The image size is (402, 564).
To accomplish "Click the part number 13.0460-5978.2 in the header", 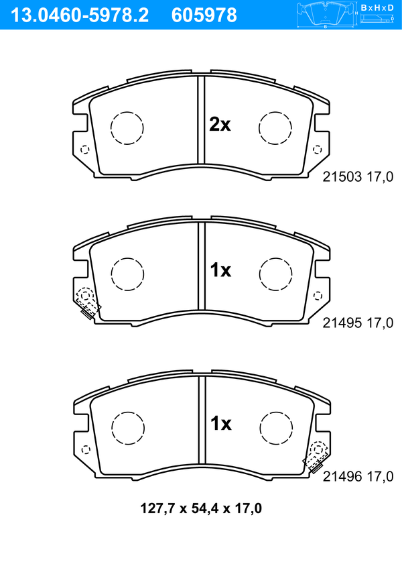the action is click(80, 15).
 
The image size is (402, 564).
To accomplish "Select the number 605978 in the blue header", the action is click(204, 15).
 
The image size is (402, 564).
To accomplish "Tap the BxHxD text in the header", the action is click(377, 7).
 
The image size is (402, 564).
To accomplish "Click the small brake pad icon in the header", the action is click(326, 15).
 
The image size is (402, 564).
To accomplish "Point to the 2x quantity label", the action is click(220, 125).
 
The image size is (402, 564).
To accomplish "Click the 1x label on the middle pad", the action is click(220, 270).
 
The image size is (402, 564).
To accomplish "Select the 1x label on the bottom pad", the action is click(221, 423).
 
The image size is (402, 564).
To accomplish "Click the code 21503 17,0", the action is click(358, 177).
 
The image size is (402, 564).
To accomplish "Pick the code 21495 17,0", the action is click(358, 323).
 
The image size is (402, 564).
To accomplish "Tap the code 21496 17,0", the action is click(358, 476).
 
